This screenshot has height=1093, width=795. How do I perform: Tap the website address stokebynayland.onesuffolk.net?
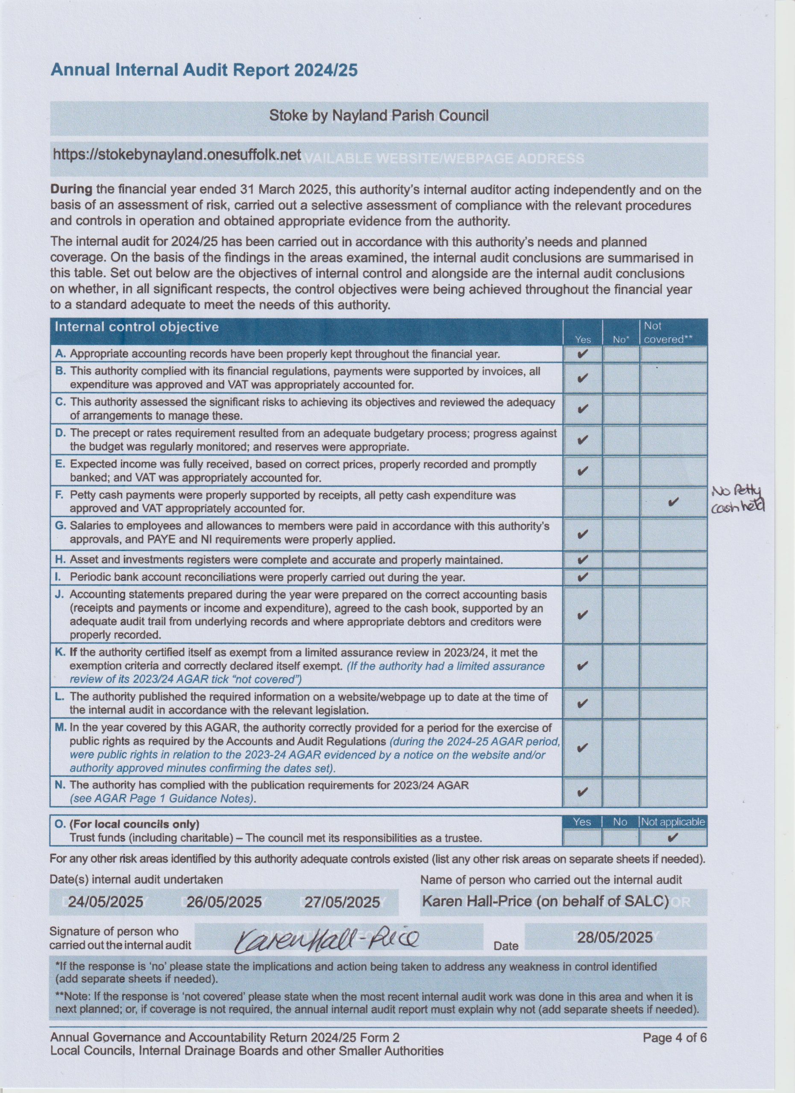[x=176, y=154]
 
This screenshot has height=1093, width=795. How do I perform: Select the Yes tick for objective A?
[x=582, y=354]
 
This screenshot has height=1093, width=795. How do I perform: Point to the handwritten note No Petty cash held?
[x=738, y=500]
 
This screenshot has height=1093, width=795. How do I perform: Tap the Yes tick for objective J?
[x=582, y=614]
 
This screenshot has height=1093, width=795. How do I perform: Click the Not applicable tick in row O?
[x=672, y=838]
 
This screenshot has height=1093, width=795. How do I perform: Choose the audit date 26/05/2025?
[x=224, y=902]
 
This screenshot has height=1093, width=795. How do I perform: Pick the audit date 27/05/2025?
[x=342, y=902]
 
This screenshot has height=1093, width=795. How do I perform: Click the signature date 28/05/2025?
[x=615, y=937]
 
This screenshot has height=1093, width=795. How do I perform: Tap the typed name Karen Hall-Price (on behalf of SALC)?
[x=545, y=901]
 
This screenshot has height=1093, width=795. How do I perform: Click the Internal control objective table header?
[x=137, y=327]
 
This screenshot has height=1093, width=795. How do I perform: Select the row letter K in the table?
[x=60, y=652]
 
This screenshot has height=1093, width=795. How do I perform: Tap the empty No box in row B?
[x=620, y=378]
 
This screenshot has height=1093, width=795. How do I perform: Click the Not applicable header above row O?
[x=672, y=822]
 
